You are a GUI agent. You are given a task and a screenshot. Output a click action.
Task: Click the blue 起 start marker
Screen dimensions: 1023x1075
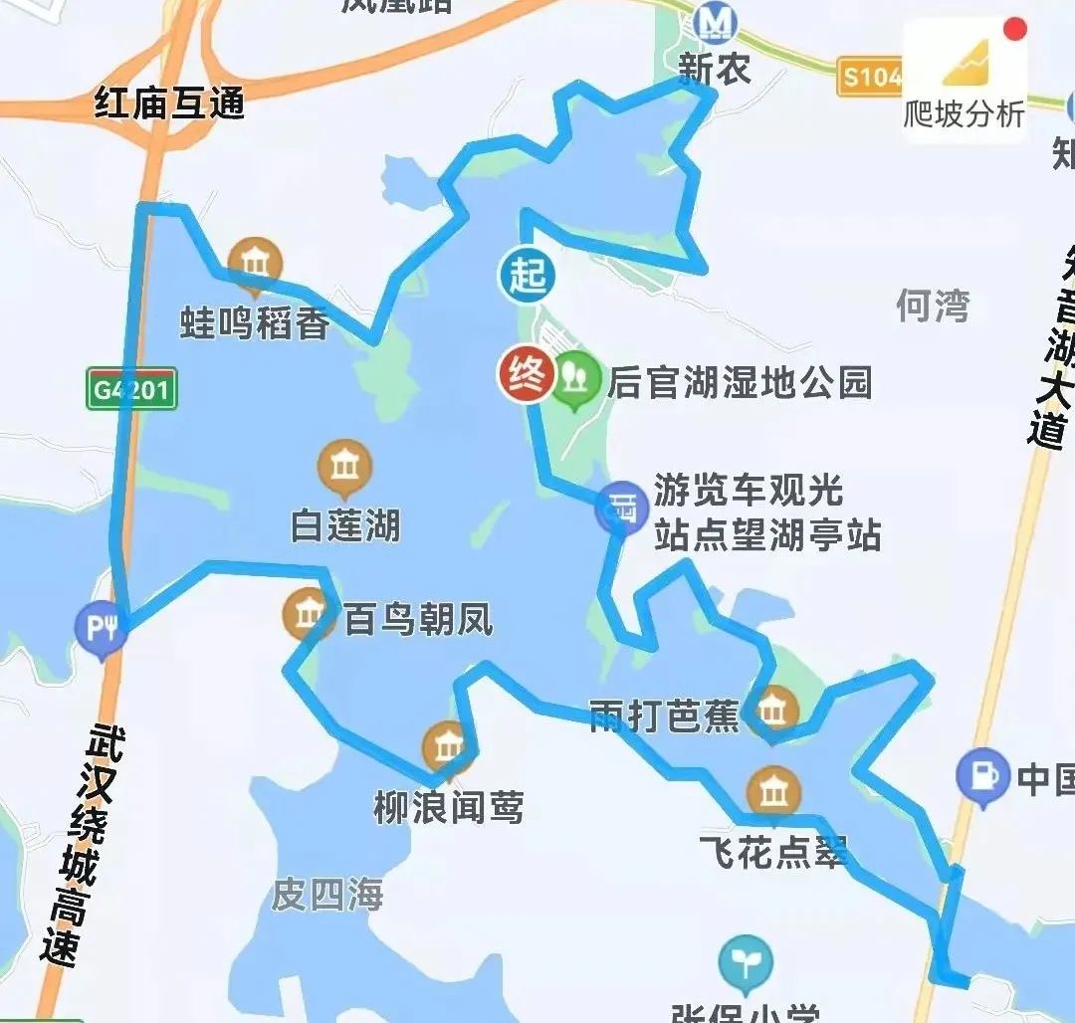527,275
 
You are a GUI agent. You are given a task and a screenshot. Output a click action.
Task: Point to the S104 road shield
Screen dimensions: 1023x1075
870,77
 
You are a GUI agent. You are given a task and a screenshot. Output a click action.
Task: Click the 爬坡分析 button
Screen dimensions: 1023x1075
964,84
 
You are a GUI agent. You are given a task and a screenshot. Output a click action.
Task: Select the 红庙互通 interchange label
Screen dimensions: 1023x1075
170,103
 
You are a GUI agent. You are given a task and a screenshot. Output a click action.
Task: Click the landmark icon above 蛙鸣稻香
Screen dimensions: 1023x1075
255,265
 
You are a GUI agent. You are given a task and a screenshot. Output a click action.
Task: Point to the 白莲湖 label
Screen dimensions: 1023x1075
345,525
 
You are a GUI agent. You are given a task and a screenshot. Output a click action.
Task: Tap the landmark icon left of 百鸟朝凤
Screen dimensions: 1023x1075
310,614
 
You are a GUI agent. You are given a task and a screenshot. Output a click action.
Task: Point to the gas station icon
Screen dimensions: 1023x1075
982,775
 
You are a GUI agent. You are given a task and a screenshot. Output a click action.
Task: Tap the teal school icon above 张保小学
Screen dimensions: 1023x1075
746,961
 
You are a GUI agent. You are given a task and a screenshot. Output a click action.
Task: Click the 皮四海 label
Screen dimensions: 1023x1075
327,895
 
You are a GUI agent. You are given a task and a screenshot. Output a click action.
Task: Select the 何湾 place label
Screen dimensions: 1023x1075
932,306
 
